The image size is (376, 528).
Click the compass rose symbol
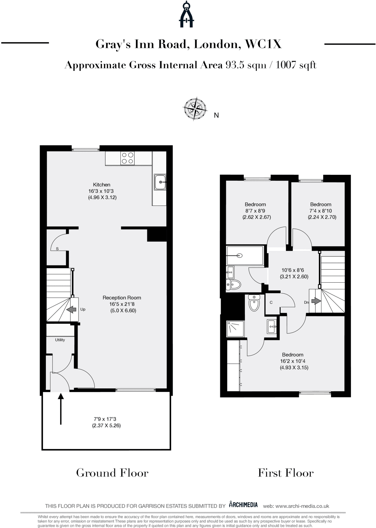(195, 109)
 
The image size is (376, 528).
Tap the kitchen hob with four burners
(128, 158)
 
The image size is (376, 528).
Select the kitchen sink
(160, 182)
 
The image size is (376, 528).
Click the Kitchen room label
(102, 185)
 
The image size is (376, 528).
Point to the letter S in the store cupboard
(57, 249)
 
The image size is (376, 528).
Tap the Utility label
(60, 340)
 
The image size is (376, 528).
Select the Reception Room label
(122, 298)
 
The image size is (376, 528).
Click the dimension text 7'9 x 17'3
(105, 419)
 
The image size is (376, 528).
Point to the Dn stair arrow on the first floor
(316, 301)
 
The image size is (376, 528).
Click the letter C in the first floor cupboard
(271, 302)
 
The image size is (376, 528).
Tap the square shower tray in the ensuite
(235, 329)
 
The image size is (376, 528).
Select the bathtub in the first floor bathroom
(245, 255)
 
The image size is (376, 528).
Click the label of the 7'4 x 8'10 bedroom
(321, 204)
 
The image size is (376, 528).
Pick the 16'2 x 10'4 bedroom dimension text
(293, 361)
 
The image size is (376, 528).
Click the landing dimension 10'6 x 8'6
(293, 270)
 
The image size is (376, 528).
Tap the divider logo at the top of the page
(186, 14)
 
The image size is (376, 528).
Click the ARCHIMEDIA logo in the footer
(243, 505)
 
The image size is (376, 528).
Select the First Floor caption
(286, 473)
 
